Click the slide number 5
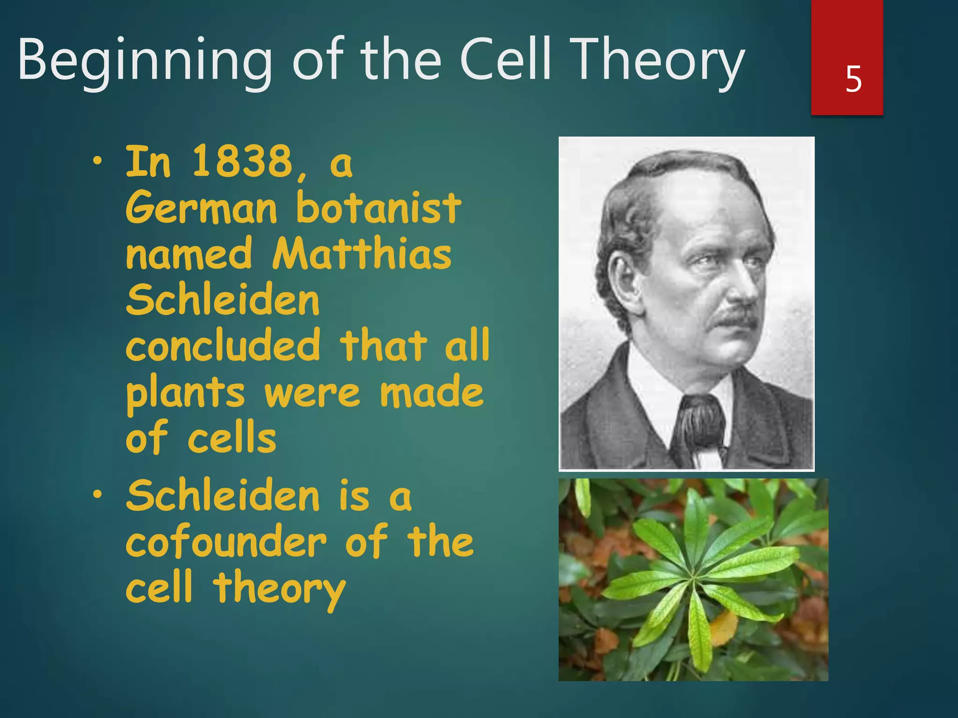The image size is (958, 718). coord(853,79)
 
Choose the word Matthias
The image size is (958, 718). coord(362,253)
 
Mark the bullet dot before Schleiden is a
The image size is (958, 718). coord(97,495)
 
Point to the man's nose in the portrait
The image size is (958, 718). coord(744,285)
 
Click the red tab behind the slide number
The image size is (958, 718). coord(847,28)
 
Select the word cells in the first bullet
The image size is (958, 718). coord(232,438)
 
